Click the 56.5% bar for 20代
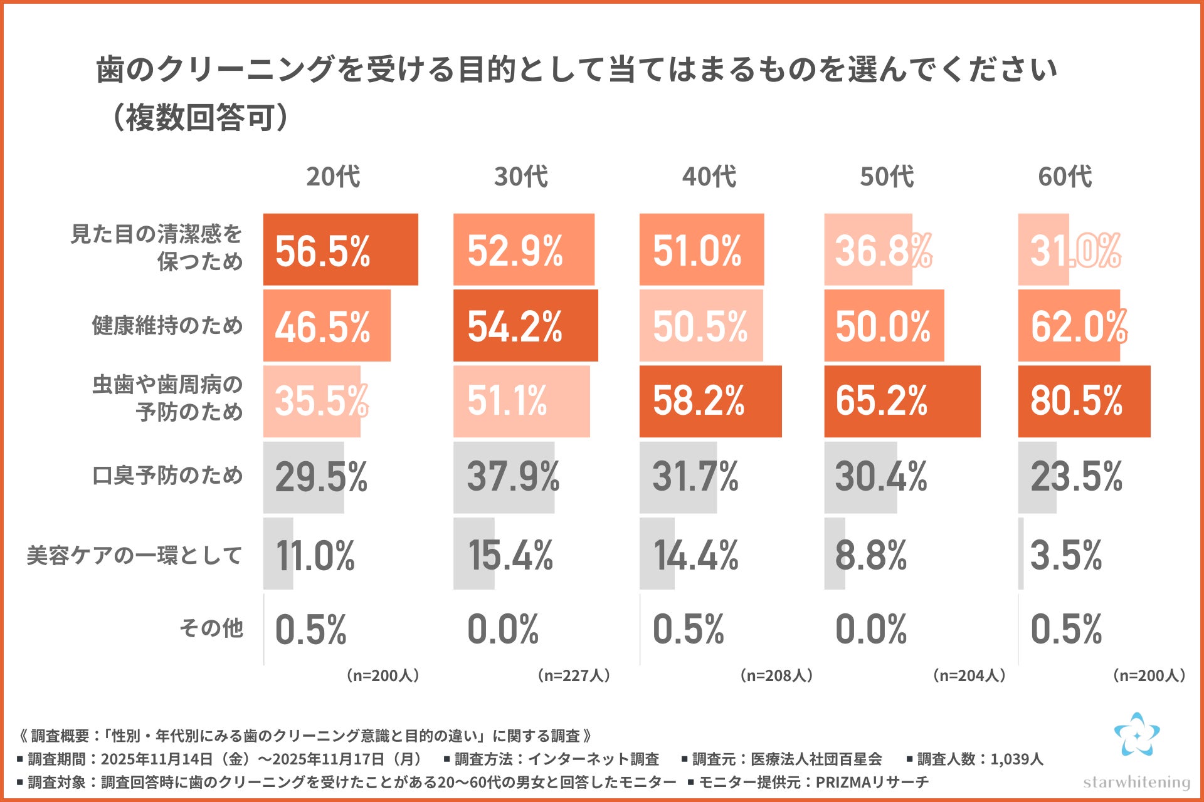coord(341,249)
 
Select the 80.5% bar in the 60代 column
coord(1084,401)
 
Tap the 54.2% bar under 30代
coord(525,325)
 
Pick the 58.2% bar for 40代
coord(710,401)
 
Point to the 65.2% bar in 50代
coord(902,401)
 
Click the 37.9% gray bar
coord(504,477)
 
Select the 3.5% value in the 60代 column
coord(1065,555)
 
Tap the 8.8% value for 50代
coord(870,555)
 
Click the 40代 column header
coord(709,177)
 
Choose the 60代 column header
coord(1065,177)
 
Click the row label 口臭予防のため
coord(167,476)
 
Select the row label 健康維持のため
coord(167,325)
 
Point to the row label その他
coord(211,628)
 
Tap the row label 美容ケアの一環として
coord(134,555)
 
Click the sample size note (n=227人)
coord(573,675)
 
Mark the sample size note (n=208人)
coord(776,675)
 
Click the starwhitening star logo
coord(1136,734)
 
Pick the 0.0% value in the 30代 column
coord(503,629)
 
